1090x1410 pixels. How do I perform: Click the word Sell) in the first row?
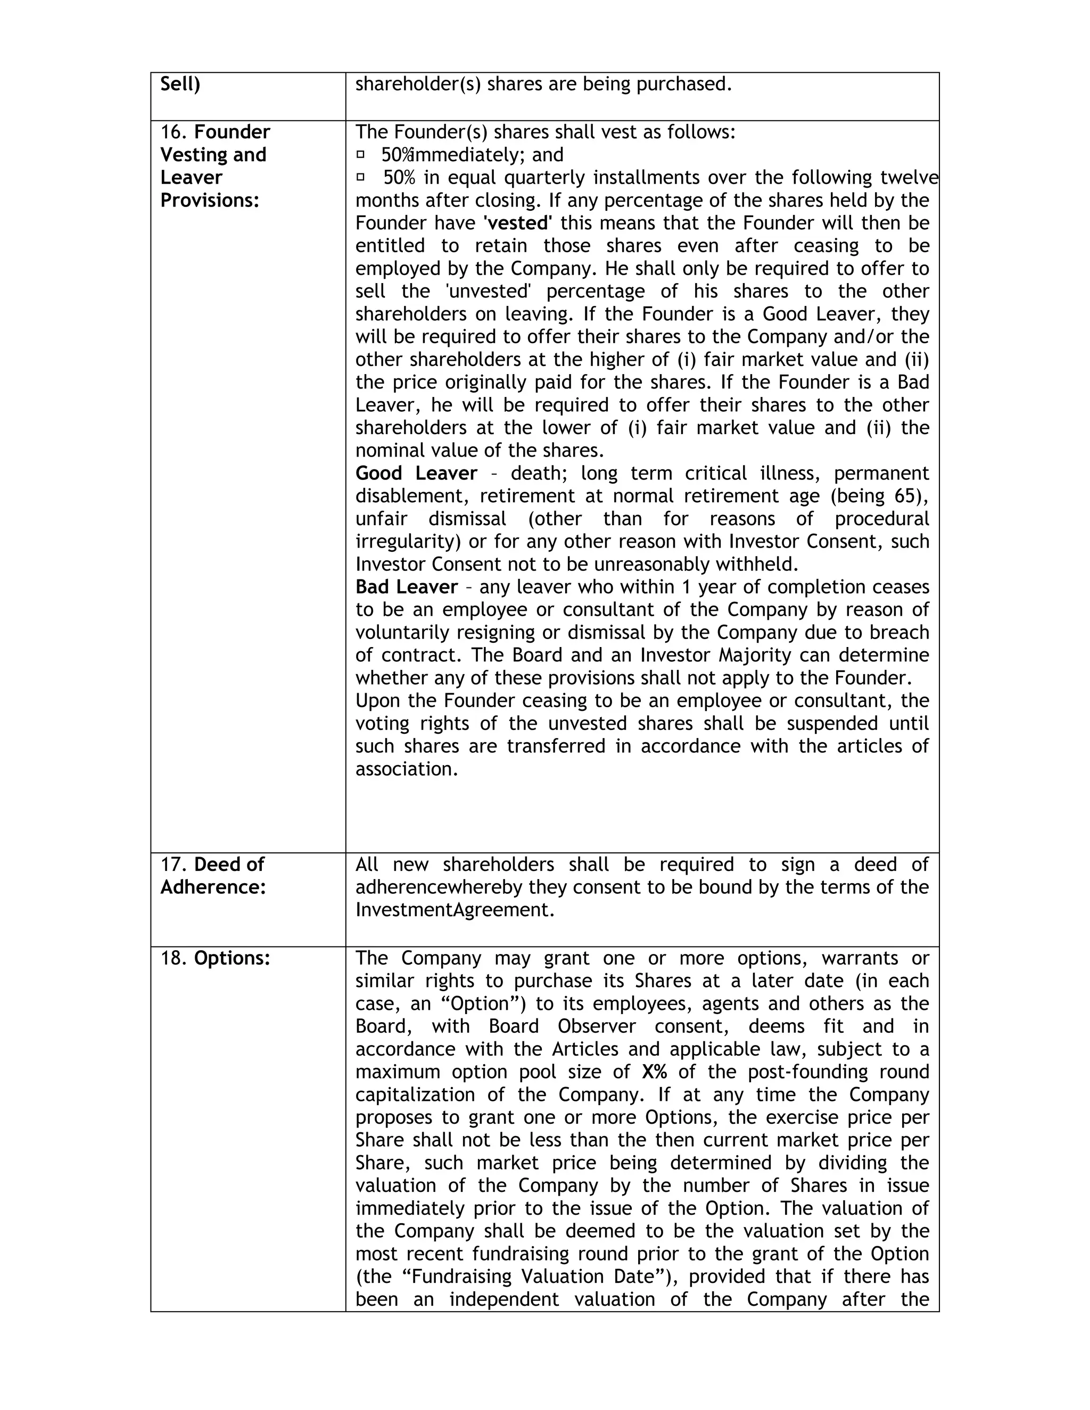click(180, 85)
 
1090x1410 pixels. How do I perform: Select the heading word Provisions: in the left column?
click(209, 201)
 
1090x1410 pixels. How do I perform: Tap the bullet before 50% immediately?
click(361, 154)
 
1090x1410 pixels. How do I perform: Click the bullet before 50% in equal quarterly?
click(361, 176)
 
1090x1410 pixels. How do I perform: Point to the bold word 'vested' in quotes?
click(517, 223)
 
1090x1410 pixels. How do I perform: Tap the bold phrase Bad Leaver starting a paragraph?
click(406, 587)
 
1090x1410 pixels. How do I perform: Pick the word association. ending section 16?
click(406, 769)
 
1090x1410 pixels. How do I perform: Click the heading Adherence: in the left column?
click(213, 888)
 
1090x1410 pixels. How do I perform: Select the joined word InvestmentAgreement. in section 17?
click(455, 910)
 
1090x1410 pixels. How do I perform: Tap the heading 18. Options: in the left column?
click(215, 959)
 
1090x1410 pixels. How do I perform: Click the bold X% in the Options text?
click(654, 1072)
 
